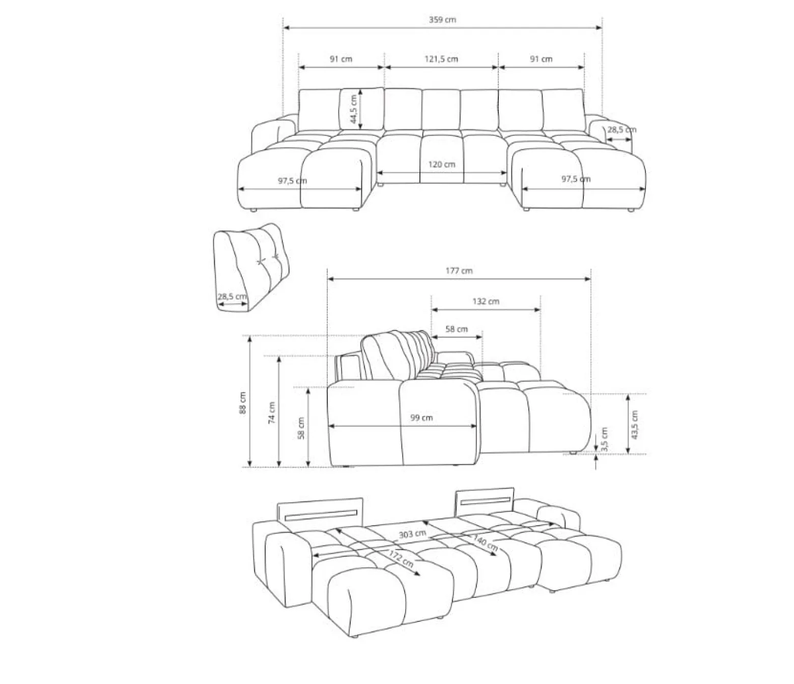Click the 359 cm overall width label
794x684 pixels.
[x=442, y=20]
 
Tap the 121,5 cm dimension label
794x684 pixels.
[x=441, y=59]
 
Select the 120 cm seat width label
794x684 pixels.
[x=442, y=165]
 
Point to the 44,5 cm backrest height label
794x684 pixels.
[x=353, y=109]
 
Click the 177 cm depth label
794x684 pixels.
[x=459, y=270]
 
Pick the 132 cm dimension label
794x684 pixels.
[x=486, y=302]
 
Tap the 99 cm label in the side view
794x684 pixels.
[x=421, y=418]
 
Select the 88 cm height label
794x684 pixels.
[x=242, y=403]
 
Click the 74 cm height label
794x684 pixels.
[x=272, y=413]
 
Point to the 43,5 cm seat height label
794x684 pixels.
[x=635, y=425]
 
